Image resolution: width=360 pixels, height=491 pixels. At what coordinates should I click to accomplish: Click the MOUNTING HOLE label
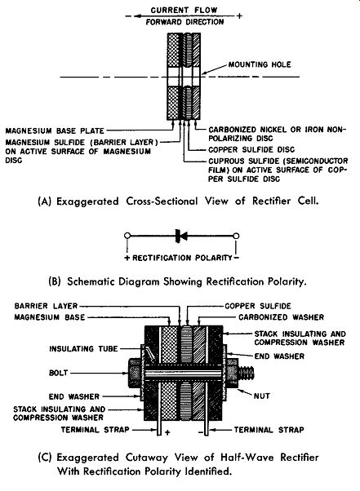260,64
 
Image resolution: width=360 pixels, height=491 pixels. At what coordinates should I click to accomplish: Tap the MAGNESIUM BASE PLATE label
55,130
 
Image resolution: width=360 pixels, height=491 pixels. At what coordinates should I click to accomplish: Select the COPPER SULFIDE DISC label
251,150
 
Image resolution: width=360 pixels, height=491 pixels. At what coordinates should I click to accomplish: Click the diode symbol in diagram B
181,236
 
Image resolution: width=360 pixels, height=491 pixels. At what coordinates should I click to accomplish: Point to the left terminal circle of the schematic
127,236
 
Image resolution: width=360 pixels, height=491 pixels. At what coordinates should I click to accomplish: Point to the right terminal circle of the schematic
237,236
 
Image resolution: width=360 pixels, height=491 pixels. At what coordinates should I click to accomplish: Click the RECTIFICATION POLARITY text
182,258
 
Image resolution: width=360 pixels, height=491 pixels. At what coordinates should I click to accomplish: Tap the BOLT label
58,373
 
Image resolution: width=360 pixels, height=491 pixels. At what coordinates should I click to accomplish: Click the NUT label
261,396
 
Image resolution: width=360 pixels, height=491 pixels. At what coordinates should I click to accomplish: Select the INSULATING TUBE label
83,348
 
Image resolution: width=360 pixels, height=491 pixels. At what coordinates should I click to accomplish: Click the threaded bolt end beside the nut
247,373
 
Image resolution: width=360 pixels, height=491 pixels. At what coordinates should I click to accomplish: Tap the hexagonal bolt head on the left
135,374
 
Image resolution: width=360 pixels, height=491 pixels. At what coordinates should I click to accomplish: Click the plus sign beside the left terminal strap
167,432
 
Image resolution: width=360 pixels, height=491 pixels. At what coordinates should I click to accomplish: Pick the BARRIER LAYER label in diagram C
46,306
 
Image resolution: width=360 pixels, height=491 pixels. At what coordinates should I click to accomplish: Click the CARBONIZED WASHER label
281,317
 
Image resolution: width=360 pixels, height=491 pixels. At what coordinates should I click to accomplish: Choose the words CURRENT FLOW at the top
184,10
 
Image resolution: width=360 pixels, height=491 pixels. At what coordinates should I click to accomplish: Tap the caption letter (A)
44,201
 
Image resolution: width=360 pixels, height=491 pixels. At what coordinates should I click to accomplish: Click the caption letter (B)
55,281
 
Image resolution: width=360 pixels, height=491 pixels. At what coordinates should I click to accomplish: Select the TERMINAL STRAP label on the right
269,430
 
